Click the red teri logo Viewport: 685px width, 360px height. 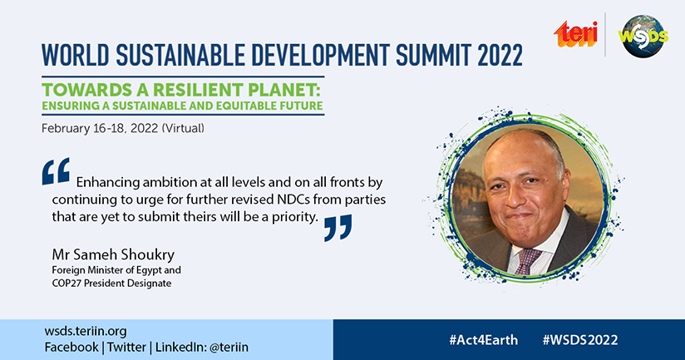576,33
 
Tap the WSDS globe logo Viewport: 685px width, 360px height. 643,37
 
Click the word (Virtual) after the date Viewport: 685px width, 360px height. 183,128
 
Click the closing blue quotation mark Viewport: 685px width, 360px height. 338,228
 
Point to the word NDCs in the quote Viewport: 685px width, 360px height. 293,200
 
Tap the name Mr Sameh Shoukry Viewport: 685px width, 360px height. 113,254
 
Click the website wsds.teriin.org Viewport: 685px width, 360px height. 86,331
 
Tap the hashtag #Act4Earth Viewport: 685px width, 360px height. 483,340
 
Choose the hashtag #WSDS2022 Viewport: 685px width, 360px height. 580,340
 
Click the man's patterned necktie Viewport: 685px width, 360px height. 527,260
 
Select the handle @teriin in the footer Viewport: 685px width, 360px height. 229,348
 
